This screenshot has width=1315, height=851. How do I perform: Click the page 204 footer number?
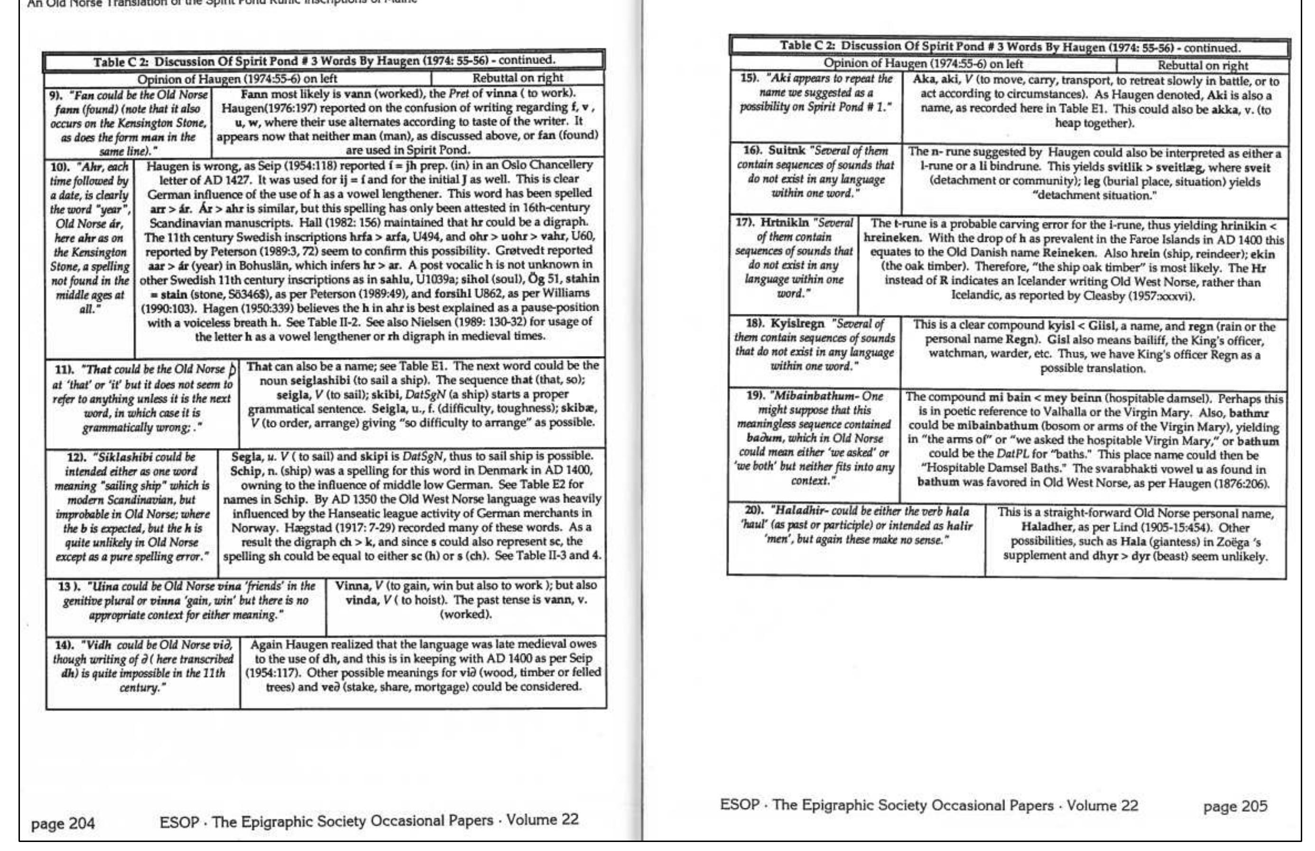click(x=63, y=824)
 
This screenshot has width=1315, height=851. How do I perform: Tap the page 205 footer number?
click(x=1235, y=806)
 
